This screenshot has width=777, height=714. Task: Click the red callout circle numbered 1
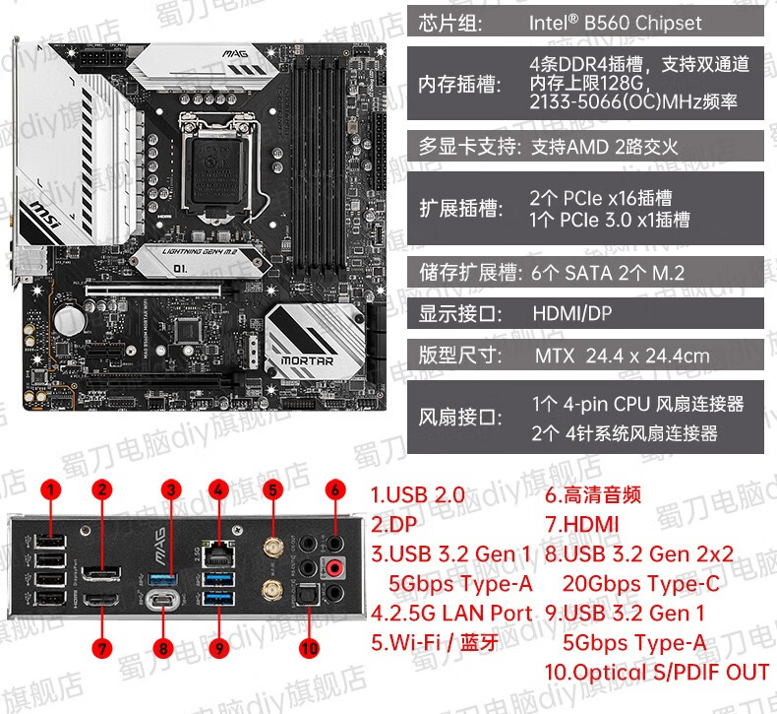click(50, 489)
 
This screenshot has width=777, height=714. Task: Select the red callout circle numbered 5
click(272, 489)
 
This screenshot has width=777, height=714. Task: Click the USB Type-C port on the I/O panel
click(164, 600)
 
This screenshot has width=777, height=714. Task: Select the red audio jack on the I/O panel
click(334, 565)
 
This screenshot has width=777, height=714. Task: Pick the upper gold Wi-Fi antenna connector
click(268, 544)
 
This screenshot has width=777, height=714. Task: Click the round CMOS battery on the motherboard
click(68, 321)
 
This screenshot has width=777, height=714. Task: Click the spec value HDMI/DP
click(571, 315)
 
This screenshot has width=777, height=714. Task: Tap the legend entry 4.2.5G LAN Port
click(451, 613)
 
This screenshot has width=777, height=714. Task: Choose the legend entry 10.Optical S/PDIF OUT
click(657, 672)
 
